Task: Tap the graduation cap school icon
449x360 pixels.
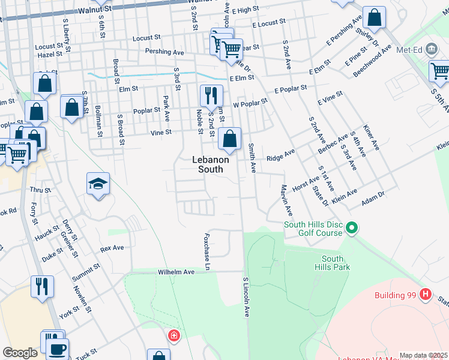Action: [x=98, y=184]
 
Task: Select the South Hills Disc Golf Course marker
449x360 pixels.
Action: [x=352, y=228]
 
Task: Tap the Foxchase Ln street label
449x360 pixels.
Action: [x=208, y=251]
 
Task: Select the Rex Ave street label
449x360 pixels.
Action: [x=112, y=247]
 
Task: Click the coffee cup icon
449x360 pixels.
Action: [x=58, y=349]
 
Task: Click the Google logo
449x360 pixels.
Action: [x=20, y=353]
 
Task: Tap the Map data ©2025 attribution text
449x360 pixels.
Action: [x=423, y=355]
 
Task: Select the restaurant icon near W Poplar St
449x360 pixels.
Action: [x=211, y=95]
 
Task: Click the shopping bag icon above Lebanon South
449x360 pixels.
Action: [x=229, y=139]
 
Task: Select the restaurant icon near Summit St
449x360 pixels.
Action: [x=42, y=286]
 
